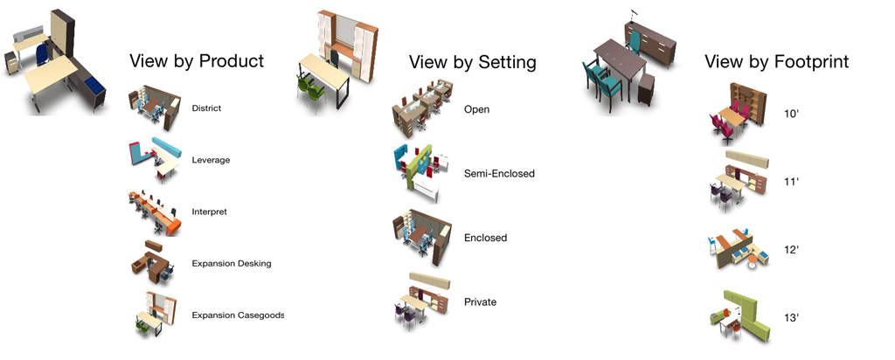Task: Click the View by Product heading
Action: [197, 61]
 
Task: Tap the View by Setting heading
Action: [473, 62]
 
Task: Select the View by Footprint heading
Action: [776, 62]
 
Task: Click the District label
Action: [206, 108]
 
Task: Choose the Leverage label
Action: [211, 160]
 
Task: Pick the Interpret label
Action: [209, 211]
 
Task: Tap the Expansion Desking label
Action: [231, 264]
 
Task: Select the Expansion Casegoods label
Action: [238, 315]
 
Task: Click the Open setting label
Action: [476, 109]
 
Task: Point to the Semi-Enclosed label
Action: [499, 173]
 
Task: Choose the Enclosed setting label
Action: [485, 238]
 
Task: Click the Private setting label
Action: [480, 302]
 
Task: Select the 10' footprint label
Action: [791, 114]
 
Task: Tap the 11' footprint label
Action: [791, 182]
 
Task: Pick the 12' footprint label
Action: [791, 250]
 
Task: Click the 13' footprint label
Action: [791, 318]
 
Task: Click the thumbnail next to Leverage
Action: [156, 160]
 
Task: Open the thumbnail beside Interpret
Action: [155, 212]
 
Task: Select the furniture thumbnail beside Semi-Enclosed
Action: [422, 173]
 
